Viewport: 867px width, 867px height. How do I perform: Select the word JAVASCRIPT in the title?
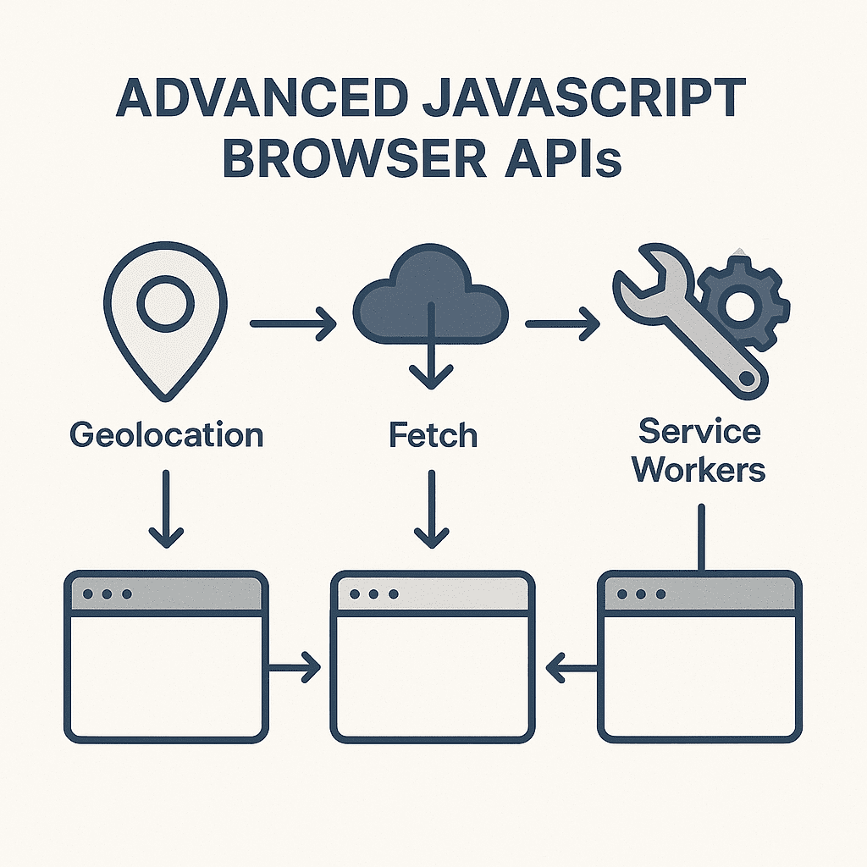(x=583, y=98)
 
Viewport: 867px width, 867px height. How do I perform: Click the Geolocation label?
(x=167, y=434)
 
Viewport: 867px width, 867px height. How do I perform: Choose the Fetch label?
(x=433, y=434)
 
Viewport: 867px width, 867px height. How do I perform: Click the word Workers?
(x=699, y=469)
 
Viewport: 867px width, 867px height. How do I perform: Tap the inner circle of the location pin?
(x=165, y=304)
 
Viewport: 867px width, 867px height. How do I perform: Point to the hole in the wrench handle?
(x=747, y=378)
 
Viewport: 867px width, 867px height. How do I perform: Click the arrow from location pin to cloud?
(x=293, y=323)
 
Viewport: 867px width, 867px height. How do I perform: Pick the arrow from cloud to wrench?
(x=562, y=323)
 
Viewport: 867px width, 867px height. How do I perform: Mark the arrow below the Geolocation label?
(x=166, y=509)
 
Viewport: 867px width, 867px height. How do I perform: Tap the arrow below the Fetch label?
(x=431, y=509)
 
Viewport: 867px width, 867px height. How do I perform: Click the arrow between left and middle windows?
(x=294, y=667)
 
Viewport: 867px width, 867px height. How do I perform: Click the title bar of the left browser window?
(x=167, y=594)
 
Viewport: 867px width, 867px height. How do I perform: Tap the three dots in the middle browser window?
(x=374, y=594)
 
